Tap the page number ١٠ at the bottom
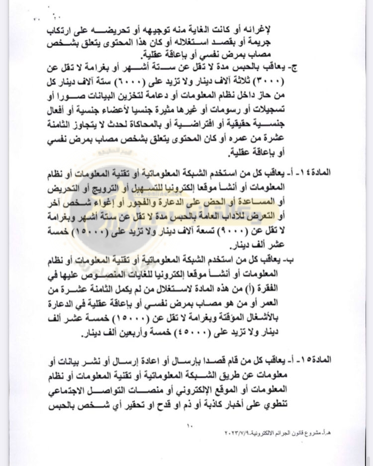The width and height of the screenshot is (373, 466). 187,426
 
